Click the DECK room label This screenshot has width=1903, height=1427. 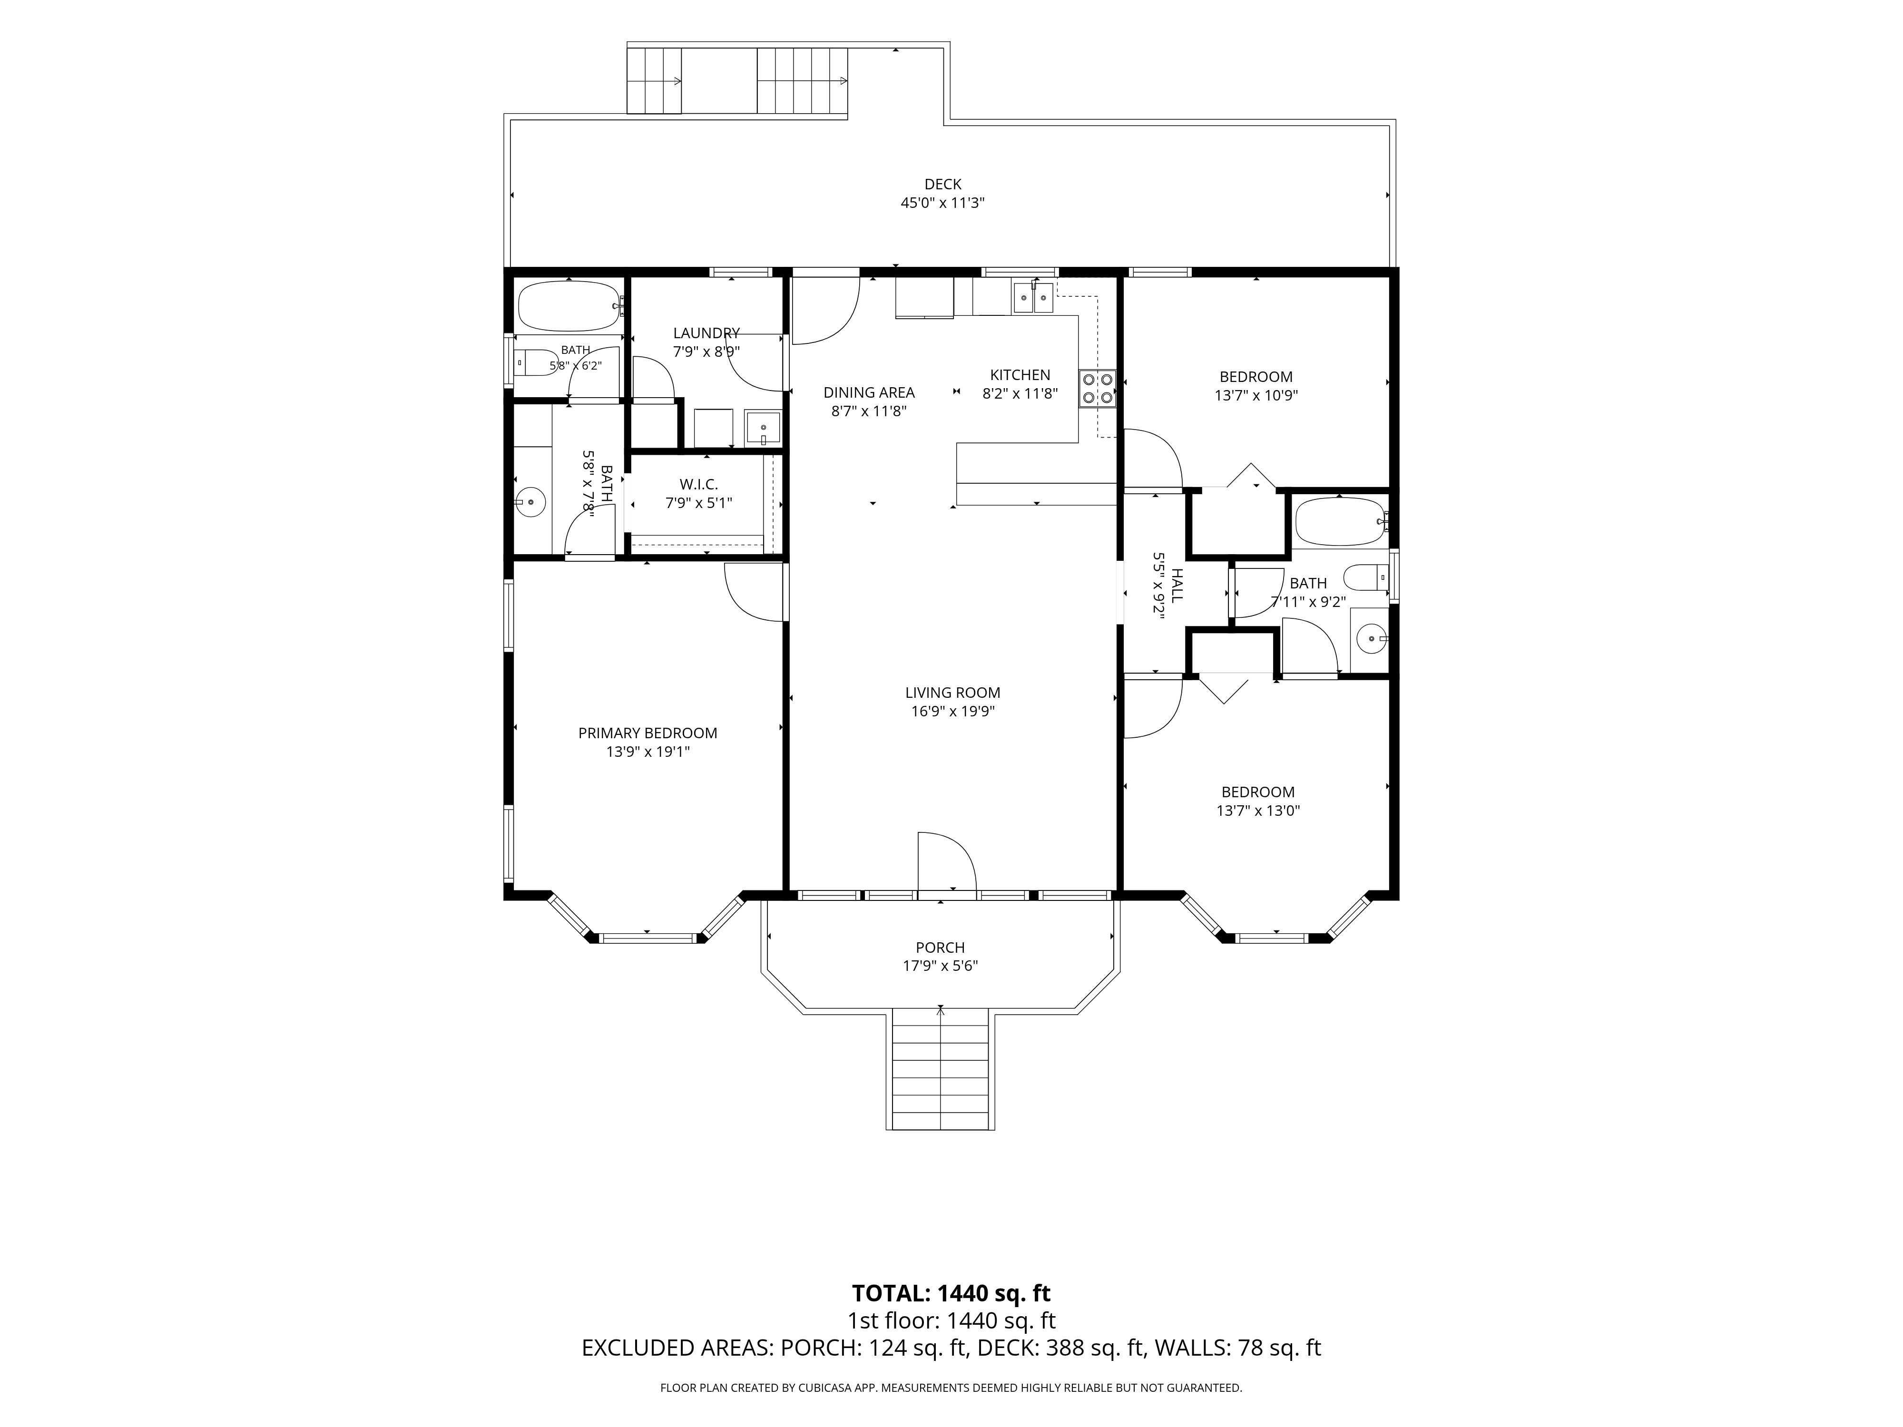pyautogui.click(x=943, y=184)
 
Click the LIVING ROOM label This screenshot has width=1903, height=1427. pyautogui.click(x=952, y=693)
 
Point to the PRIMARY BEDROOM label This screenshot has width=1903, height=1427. pyautogui.click(x=648, y=733)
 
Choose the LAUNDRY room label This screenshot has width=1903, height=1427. pyautogui.click(x=706, y=333)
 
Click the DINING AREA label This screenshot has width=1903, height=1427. pyautogui.click(x=869, y=392)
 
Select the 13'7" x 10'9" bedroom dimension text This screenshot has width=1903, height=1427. pyautogui.click(x=1256, y=396)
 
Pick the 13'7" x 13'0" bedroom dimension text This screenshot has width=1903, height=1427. pyautogui.click(x=1258, y=810)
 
